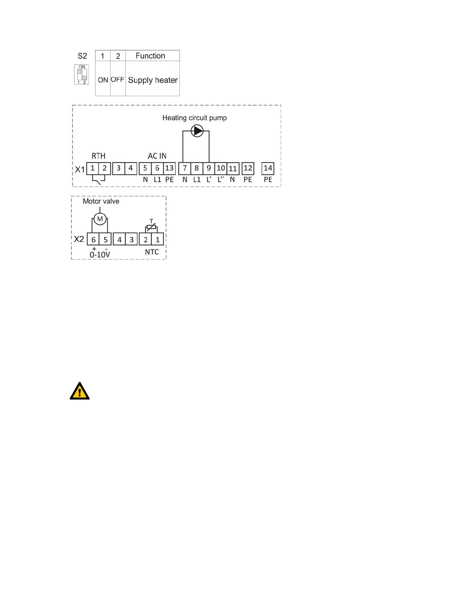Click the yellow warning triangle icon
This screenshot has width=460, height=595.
click(80, 391)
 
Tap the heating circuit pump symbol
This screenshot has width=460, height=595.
click(197, 131)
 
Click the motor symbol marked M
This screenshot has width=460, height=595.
click(100, 219)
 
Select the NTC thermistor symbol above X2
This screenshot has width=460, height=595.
click(151, 227)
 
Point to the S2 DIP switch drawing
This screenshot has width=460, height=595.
click(82, 75)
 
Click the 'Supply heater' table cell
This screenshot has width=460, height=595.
click(153, 80)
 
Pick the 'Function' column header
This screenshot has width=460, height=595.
click(150, 56)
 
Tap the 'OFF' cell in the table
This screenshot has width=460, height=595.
click(118, 80)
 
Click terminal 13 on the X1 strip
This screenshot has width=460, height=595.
click(169, 168)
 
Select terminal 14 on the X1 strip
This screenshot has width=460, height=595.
click(268, 168)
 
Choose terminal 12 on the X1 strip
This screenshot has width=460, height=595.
click(248, 168)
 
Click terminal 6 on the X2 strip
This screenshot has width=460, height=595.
click(94, 239)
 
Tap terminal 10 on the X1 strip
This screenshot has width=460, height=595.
click(221, 168)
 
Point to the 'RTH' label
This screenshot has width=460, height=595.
click(98, 156)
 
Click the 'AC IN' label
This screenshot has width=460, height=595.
click(157, 156)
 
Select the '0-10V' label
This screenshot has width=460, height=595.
click(100, 255)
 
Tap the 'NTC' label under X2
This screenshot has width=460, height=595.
click(152, 252)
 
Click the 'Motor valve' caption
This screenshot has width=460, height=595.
click(101, 201)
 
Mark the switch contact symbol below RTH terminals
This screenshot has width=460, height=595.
click(98, 180)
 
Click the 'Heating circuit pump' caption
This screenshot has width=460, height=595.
click(195, 118)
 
